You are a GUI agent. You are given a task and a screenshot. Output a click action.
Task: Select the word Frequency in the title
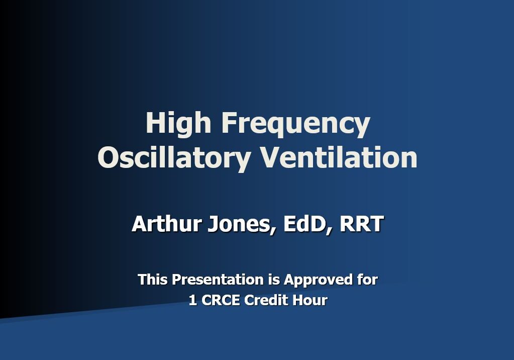click(295, 124)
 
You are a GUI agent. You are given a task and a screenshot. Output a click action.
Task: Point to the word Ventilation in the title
click(339, 157)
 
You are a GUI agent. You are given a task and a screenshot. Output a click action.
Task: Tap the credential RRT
click(362, 224)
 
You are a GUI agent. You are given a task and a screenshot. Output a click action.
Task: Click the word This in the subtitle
click(153, 280)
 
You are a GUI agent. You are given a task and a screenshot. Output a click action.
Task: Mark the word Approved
click(318, 280)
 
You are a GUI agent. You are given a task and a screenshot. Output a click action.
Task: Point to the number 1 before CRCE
click(192, 301)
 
